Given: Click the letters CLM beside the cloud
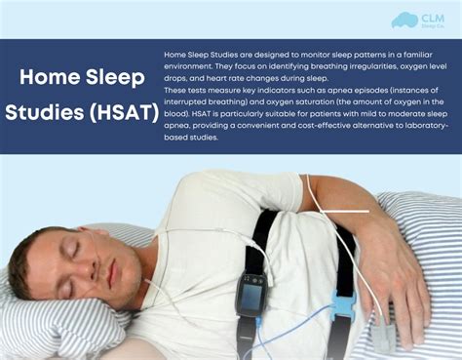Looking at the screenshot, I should pos(433,17).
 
